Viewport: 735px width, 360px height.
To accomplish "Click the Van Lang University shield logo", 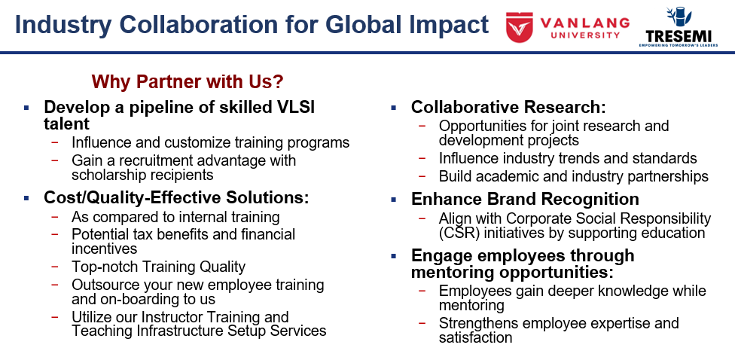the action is click(519, 27).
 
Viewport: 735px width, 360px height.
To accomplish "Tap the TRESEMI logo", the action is click(678, 27).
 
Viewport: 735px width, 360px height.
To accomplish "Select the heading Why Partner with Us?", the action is click(188, 81).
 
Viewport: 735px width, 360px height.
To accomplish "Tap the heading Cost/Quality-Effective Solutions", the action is click(176, 198).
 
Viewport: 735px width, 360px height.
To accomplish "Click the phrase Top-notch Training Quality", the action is click(158, 267).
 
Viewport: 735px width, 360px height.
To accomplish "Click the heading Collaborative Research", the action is click(508, 108).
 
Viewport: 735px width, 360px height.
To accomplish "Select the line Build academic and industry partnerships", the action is click(574, 176).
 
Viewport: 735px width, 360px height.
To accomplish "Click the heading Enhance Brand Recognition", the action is click(525, 200).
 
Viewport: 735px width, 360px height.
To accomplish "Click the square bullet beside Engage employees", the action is click(393, 256).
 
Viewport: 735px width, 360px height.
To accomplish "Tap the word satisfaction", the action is click(475, 337).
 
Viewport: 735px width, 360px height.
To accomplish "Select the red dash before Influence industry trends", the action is click(422, 158).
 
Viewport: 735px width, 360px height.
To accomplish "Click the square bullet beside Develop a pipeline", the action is click(26, 108).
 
